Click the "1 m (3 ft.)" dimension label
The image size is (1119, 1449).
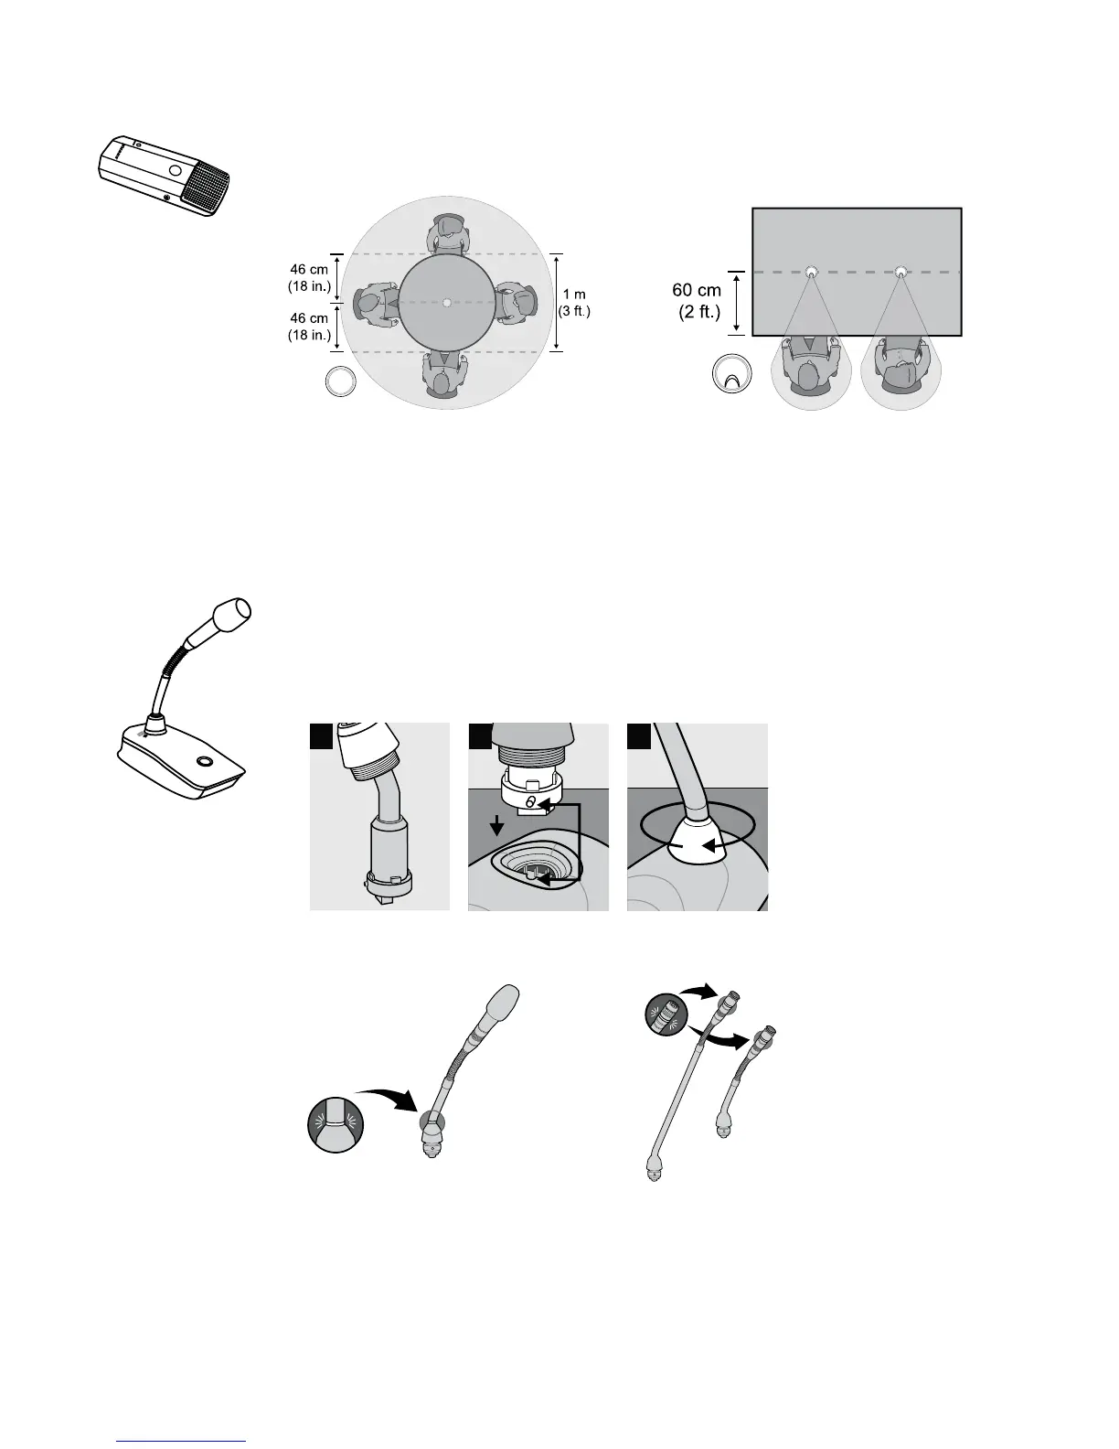[x=575, y=302]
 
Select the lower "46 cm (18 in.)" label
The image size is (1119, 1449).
[x=309, y=326]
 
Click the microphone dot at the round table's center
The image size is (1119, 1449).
[x=446, y=303]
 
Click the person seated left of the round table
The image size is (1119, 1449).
[x=375, y=302]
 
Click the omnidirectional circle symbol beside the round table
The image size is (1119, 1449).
[x=342, y=381]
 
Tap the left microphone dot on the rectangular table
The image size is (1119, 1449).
[x=811, y=272]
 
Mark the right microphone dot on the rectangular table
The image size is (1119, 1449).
[x=901, y=272]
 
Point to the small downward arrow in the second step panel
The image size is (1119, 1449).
[x=496, y=827]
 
